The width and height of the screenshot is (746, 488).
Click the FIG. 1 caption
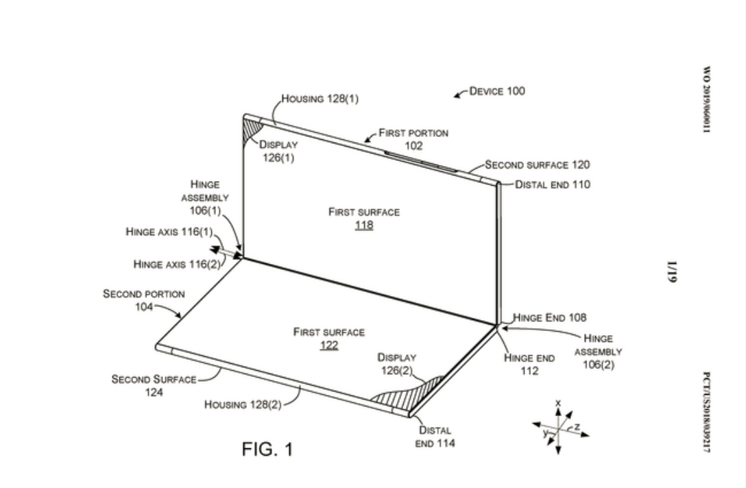coord(267,450)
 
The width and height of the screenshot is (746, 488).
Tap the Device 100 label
coord(497,91)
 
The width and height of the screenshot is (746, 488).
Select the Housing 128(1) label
coord(320,99)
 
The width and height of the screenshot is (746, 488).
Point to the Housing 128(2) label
coord(243,404)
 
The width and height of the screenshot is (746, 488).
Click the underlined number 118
coord(363,225)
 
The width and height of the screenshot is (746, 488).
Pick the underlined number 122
coord(329,345)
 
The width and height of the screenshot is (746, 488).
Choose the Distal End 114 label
coord(435,437)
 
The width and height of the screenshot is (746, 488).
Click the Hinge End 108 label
coord(549,317)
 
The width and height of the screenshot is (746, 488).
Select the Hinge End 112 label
coord(529,364)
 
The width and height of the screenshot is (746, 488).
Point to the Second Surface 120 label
coord(537,164)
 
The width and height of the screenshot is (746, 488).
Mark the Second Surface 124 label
coord(154,385)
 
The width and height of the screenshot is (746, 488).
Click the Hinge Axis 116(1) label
coord(169,232)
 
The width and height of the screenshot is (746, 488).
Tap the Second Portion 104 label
coord(143,300)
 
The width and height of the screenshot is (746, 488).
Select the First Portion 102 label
coord(413,139)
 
